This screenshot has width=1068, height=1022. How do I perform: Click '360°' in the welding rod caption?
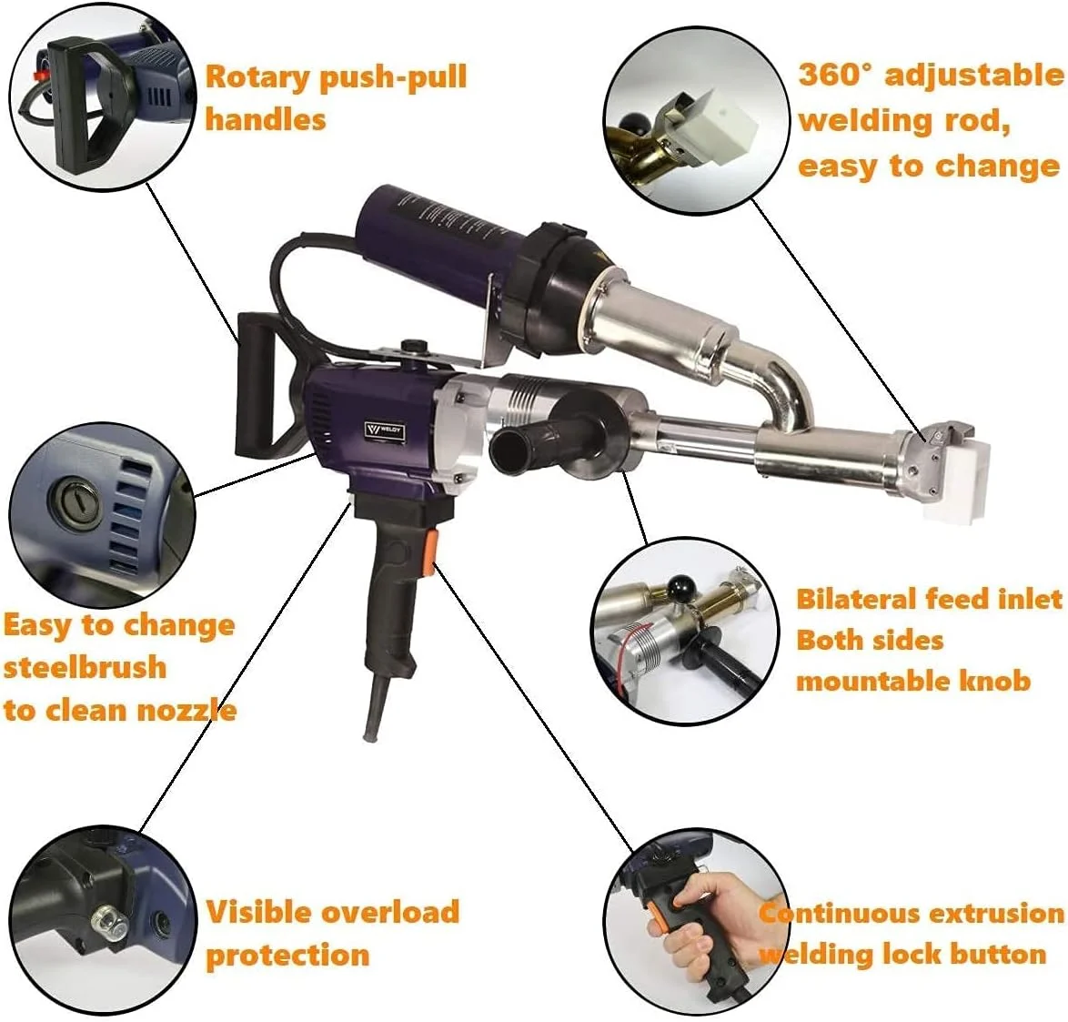click(833, 74)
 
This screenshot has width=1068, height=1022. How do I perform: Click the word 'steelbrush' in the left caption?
click(86, 667)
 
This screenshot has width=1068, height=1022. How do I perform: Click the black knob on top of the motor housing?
click(412, 346)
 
